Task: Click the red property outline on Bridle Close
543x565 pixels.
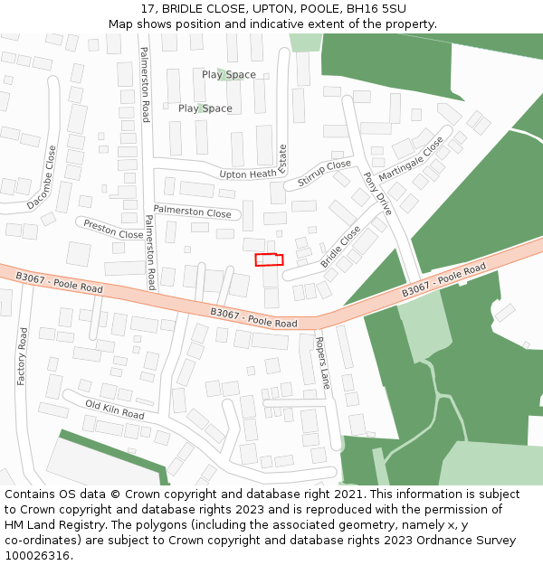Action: tap(269, 260)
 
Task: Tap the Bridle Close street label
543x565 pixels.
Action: tap(339, 246)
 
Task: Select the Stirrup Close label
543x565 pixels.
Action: tap(323, 172)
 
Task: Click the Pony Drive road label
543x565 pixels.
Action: tap(377, 192)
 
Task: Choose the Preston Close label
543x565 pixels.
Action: tap(113, 229)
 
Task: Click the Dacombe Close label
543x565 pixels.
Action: tap(42, 178)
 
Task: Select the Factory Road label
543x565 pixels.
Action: tap(23, 356)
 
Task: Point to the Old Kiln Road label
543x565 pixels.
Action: tap(115, 410)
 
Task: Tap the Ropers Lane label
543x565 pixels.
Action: tap(322, 363)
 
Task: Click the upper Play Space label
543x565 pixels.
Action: tap(229, 75)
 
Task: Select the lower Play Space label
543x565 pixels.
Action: tap(205, 108)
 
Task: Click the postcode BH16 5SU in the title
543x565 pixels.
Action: tap(376, 9)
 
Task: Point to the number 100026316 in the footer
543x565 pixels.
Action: tap(36, 555)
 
